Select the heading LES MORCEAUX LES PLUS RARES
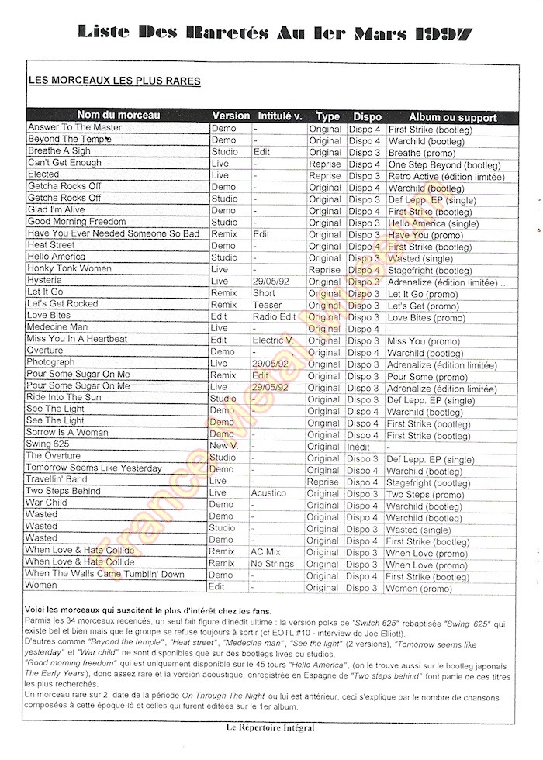point(114,81)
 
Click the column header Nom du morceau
point(119,116)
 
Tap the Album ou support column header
point(453,116)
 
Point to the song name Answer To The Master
point(74,128)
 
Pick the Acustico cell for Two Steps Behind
point(268,493)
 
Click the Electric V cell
point(271,340)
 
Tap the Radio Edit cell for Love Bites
point(275,317)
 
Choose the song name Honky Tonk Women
point(70,269)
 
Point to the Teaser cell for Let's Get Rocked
point(268,306)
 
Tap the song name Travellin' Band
point(63,481)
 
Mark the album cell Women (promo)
point(425,587)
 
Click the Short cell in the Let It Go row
point(264,294)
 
